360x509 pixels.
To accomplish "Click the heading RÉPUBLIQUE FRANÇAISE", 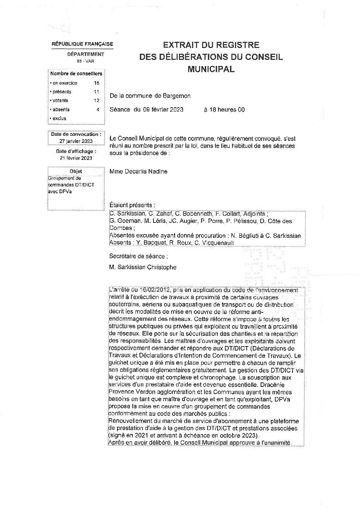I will (x=82, y=44).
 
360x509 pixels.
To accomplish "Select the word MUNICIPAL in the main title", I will (x=211, y=69).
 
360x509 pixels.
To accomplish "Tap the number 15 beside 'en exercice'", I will (x=97, y=83).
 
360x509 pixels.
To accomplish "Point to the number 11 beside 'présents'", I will (x=97, y=92).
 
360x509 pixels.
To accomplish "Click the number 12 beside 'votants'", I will (x=97, y=101).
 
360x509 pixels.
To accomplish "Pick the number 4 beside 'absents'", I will (x=98, y=110).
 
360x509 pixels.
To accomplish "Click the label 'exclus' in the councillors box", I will (x=59, y=118).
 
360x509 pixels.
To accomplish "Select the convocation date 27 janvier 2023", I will (x=76, y=141).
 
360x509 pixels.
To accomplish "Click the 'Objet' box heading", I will (x=76, y=171).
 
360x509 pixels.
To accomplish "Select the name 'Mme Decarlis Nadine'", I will (x=138, y=171).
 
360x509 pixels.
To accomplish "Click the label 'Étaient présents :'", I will (x=132, y=205).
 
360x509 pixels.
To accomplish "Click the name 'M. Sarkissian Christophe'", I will (x=143, y=267).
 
